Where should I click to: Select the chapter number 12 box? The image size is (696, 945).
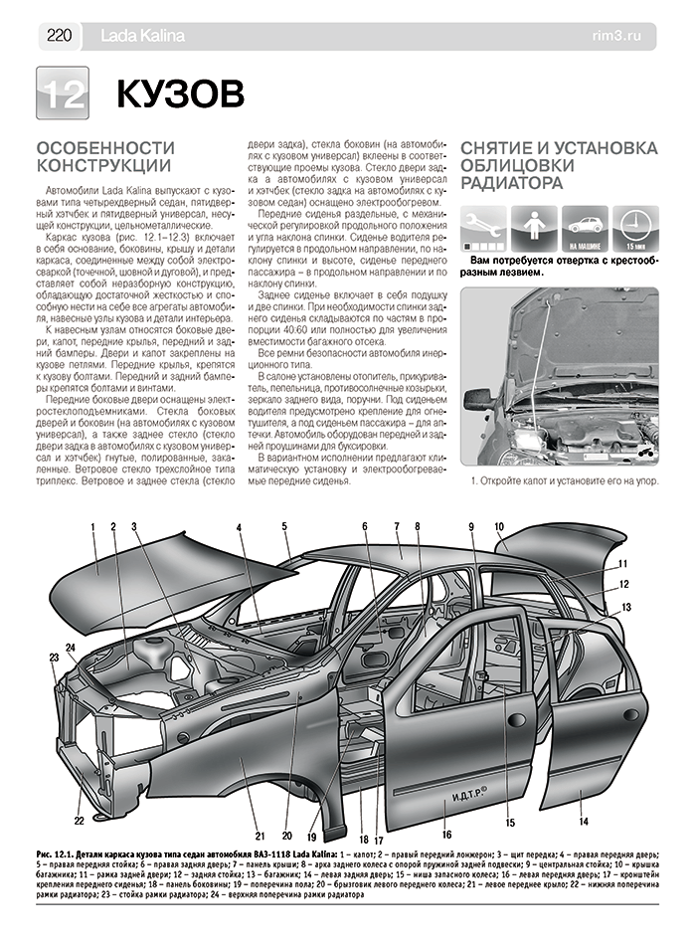[63, 94]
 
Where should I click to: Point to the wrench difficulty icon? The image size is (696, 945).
[485, 228]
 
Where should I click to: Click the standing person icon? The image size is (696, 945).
[536, 228]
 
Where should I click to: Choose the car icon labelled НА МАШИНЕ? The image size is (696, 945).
[585, 228]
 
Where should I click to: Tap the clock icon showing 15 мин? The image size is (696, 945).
[634, 228]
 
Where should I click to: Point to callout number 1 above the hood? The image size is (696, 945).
[90, 526]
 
